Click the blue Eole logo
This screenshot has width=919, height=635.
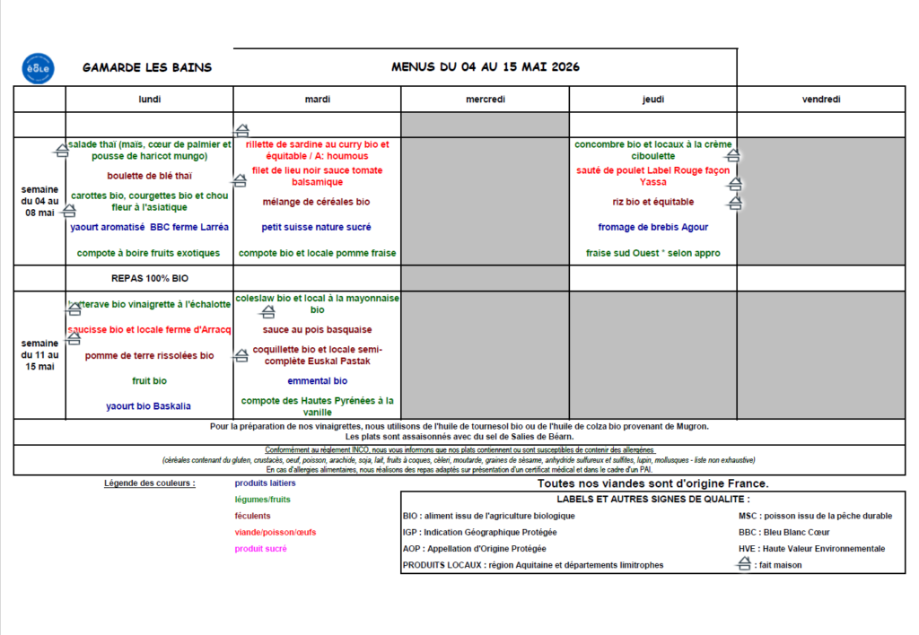[38, 67]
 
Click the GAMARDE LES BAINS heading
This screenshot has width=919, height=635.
[147, 67]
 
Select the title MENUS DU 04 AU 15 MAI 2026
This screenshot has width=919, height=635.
[485, 66]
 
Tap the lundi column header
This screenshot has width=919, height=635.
[149, 100]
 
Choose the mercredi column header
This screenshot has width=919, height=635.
[485, 100]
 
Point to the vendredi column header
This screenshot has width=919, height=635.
[821, 100]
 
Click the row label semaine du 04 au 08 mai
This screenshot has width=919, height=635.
[39, 201]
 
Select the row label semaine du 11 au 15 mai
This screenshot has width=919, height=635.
[39, 354]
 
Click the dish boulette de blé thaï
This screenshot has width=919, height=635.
[149, 176]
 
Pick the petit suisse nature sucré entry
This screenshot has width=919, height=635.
[317, 227]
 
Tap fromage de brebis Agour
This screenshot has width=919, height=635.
[652, 227]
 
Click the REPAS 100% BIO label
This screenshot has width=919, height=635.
[149, 278]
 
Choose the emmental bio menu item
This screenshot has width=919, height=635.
[317, 380]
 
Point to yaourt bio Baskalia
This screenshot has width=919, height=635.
[149, 406]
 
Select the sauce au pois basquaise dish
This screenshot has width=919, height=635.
[317, 329]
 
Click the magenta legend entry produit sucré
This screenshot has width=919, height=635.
[261, 548]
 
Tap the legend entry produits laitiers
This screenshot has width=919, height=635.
[265, 483]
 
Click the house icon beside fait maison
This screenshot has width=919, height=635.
[742, 564]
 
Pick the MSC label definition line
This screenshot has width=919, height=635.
[815, 516]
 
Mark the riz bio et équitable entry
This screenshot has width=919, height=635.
[652, 202]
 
